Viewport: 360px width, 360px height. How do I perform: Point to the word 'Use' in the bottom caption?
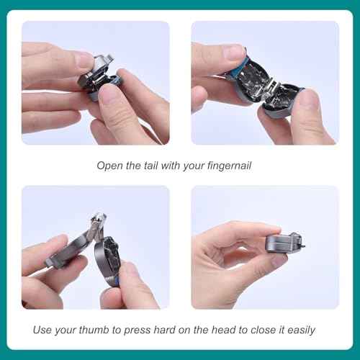coord(43,330)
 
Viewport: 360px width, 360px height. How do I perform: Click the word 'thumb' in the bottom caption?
coord(97,330)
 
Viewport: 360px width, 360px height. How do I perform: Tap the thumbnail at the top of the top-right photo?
coord(234,53)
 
